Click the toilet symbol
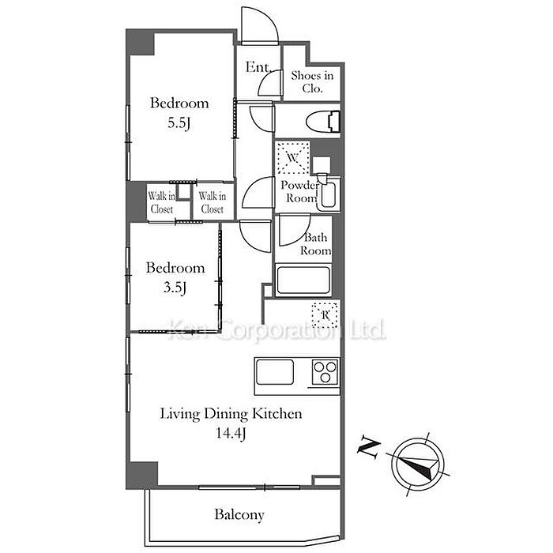click(x=322, y=122)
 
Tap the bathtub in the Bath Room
click(x=303, y=280)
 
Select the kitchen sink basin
click(x=275, y=372)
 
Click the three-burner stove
click(x=325, y=372)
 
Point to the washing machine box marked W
click(x=292, y=158)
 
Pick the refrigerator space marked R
click(x=325, y=315)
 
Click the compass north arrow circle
click(x=418, y=464)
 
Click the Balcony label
click(x=239, y=515)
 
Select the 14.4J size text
click(x=231, y=434)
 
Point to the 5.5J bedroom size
click(x=179, y=123)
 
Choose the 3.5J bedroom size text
click(x=175, y=288)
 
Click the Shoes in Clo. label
click(x=313, y=82)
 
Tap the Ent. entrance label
click(x=258, y=67)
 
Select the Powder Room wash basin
click(x=328, y=194)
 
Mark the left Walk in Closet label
click(x=162, y=202)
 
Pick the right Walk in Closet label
click(x=213, y=202)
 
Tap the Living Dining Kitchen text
click(x=231, y=414)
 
